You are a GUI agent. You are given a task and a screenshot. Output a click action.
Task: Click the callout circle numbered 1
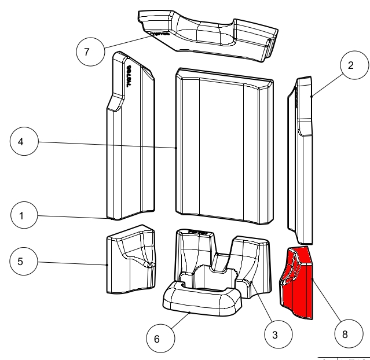click(x=23, y=216)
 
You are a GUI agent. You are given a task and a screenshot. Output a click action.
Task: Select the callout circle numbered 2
click(x=350, y=66)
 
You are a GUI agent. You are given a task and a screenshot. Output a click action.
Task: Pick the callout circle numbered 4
click(x=23, y=142)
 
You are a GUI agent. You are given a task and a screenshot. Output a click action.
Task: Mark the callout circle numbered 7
click(x=86, y=51)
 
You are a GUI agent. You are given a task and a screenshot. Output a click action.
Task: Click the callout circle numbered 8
click(x=346, y=335)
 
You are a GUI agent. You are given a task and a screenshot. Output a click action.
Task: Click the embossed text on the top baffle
click(x=159, y=34)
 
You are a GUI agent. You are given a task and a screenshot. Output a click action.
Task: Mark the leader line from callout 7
click(x=124, y=42)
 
